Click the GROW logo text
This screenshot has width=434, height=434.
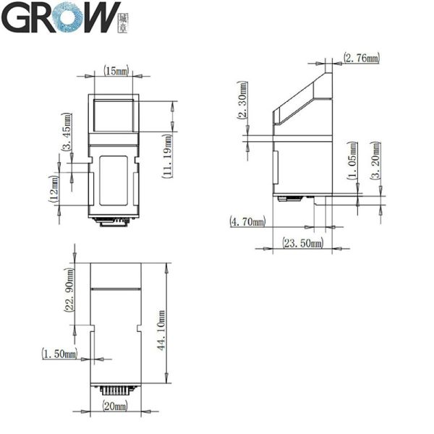pos(61,19)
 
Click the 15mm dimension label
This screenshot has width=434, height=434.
pos(116,71)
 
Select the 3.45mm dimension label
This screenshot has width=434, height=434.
pos(67,132)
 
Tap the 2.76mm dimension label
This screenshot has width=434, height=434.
pos(361,57)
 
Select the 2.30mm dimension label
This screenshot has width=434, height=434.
pos(242,103)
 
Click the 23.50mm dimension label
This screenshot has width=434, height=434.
pos(302,244)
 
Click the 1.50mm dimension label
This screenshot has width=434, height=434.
pos(61,353)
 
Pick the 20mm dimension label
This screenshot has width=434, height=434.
pos(116,407)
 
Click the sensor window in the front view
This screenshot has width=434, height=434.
pos(115,115)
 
